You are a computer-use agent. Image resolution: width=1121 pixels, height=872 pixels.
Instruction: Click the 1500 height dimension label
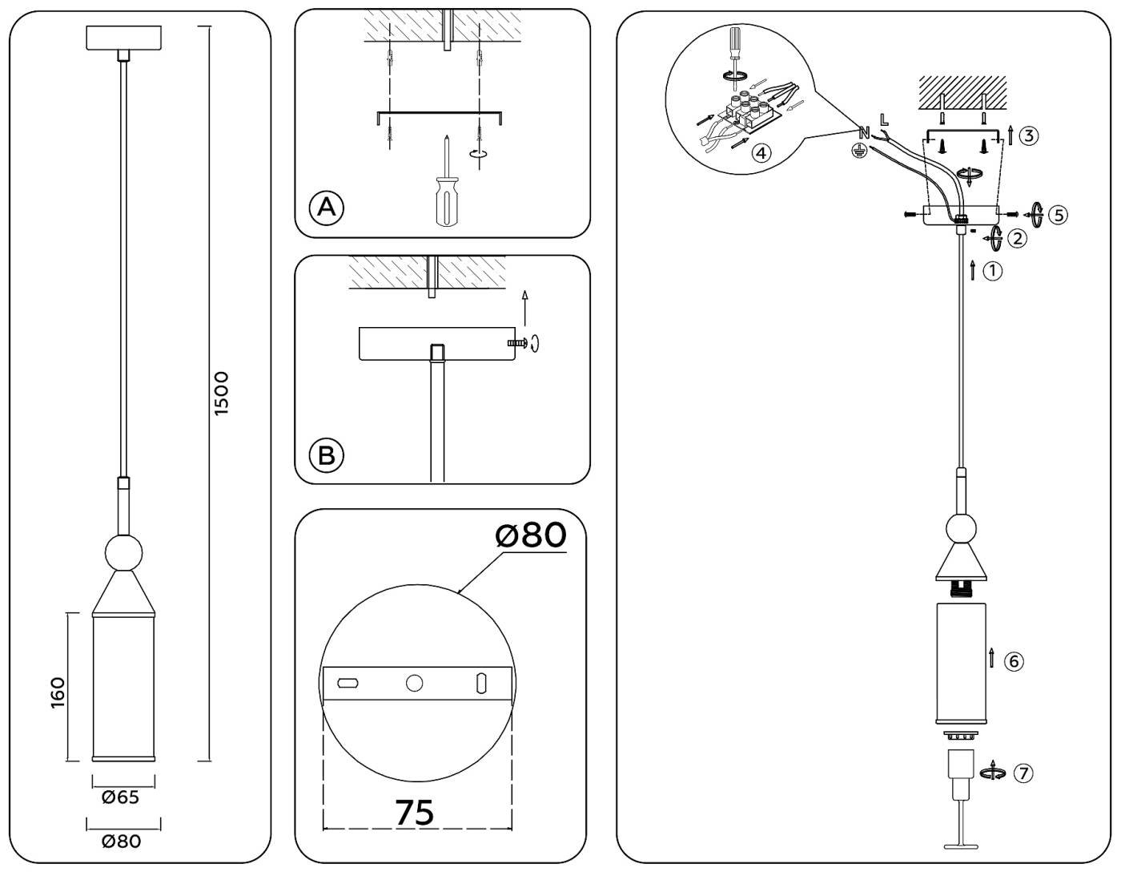[222, 393]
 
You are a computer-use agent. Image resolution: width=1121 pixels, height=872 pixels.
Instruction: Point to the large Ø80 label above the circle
[531, 535]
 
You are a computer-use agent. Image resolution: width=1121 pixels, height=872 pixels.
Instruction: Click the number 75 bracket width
[415, 812]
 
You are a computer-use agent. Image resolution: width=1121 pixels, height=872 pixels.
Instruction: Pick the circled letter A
[327, 208]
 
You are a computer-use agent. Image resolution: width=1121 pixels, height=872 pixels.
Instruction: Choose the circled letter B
[327, 455]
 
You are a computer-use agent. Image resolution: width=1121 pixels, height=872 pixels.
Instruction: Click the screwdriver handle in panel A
[445, 200]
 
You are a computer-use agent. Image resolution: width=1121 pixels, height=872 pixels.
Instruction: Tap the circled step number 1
[993, 271]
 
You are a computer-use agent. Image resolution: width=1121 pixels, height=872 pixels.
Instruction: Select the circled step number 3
[1029, 135]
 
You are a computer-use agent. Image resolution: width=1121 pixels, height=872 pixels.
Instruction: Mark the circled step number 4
[761, 152]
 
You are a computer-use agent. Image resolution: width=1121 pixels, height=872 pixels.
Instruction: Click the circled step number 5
[1059, 215]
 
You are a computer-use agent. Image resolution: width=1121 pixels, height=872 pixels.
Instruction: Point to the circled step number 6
[1014, 661]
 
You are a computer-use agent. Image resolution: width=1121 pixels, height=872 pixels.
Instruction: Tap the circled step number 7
[1023, 773]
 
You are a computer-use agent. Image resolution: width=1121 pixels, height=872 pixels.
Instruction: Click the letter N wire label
[864, 133]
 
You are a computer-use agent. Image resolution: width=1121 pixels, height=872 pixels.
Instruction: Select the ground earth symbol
[858, 150]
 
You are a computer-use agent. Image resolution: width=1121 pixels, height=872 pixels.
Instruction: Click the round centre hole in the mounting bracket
[414, 683]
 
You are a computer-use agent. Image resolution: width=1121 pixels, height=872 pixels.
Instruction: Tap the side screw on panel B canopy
[518, 343]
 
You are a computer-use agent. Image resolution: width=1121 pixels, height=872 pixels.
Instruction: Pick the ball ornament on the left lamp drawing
[124, 552]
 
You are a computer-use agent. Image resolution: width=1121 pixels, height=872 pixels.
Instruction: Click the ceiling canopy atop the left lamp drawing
[124, 38]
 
